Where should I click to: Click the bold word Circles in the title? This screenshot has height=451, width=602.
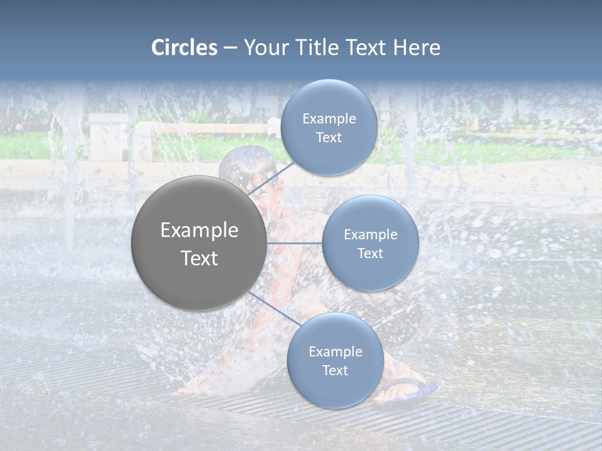[184, 48]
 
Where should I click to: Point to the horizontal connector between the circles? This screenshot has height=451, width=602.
[295, 243]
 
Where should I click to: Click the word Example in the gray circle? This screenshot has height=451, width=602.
[199, 231]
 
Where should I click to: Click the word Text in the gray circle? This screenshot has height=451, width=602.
[199, 258]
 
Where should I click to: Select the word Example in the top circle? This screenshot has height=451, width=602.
[329, 119]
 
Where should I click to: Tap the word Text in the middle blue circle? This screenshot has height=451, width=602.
[370, 253]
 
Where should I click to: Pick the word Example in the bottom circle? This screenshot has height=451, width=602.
[335, 352]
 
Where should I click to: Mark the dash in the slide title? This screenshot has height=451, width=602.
[230, 48]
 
